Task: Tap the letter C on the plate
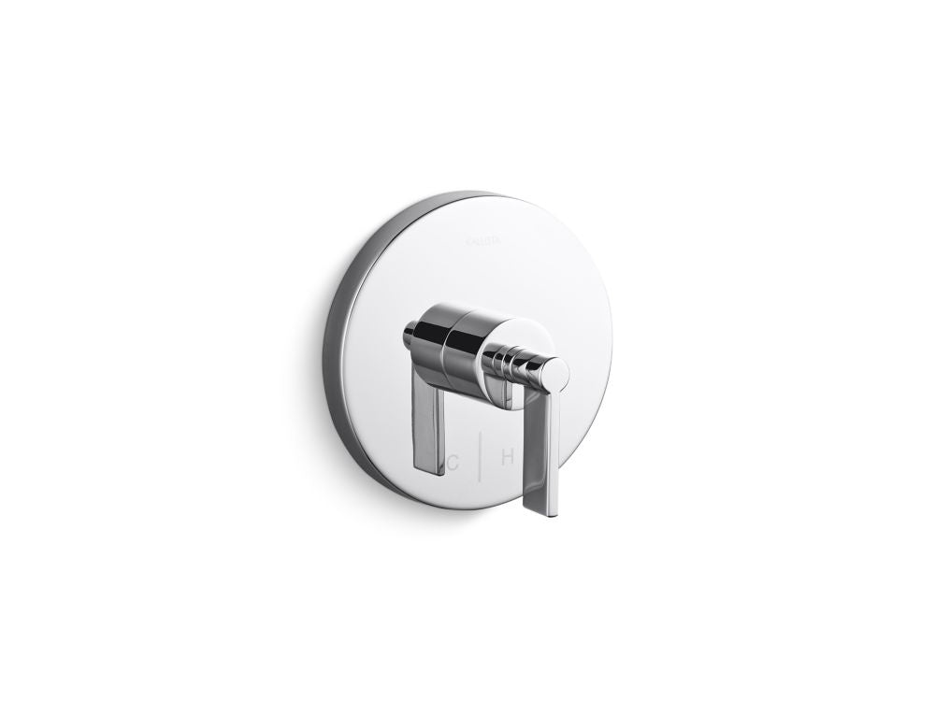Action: pyautogui.click(x=453, y=460)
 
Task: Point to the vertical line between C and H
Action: pyautogui.click(x=480, y=458)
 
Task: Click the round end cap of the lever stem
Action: pyautogui.click(x=554, y=372)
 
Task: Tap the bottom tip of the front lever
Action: pyautogui.click(x=546, y=512)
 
